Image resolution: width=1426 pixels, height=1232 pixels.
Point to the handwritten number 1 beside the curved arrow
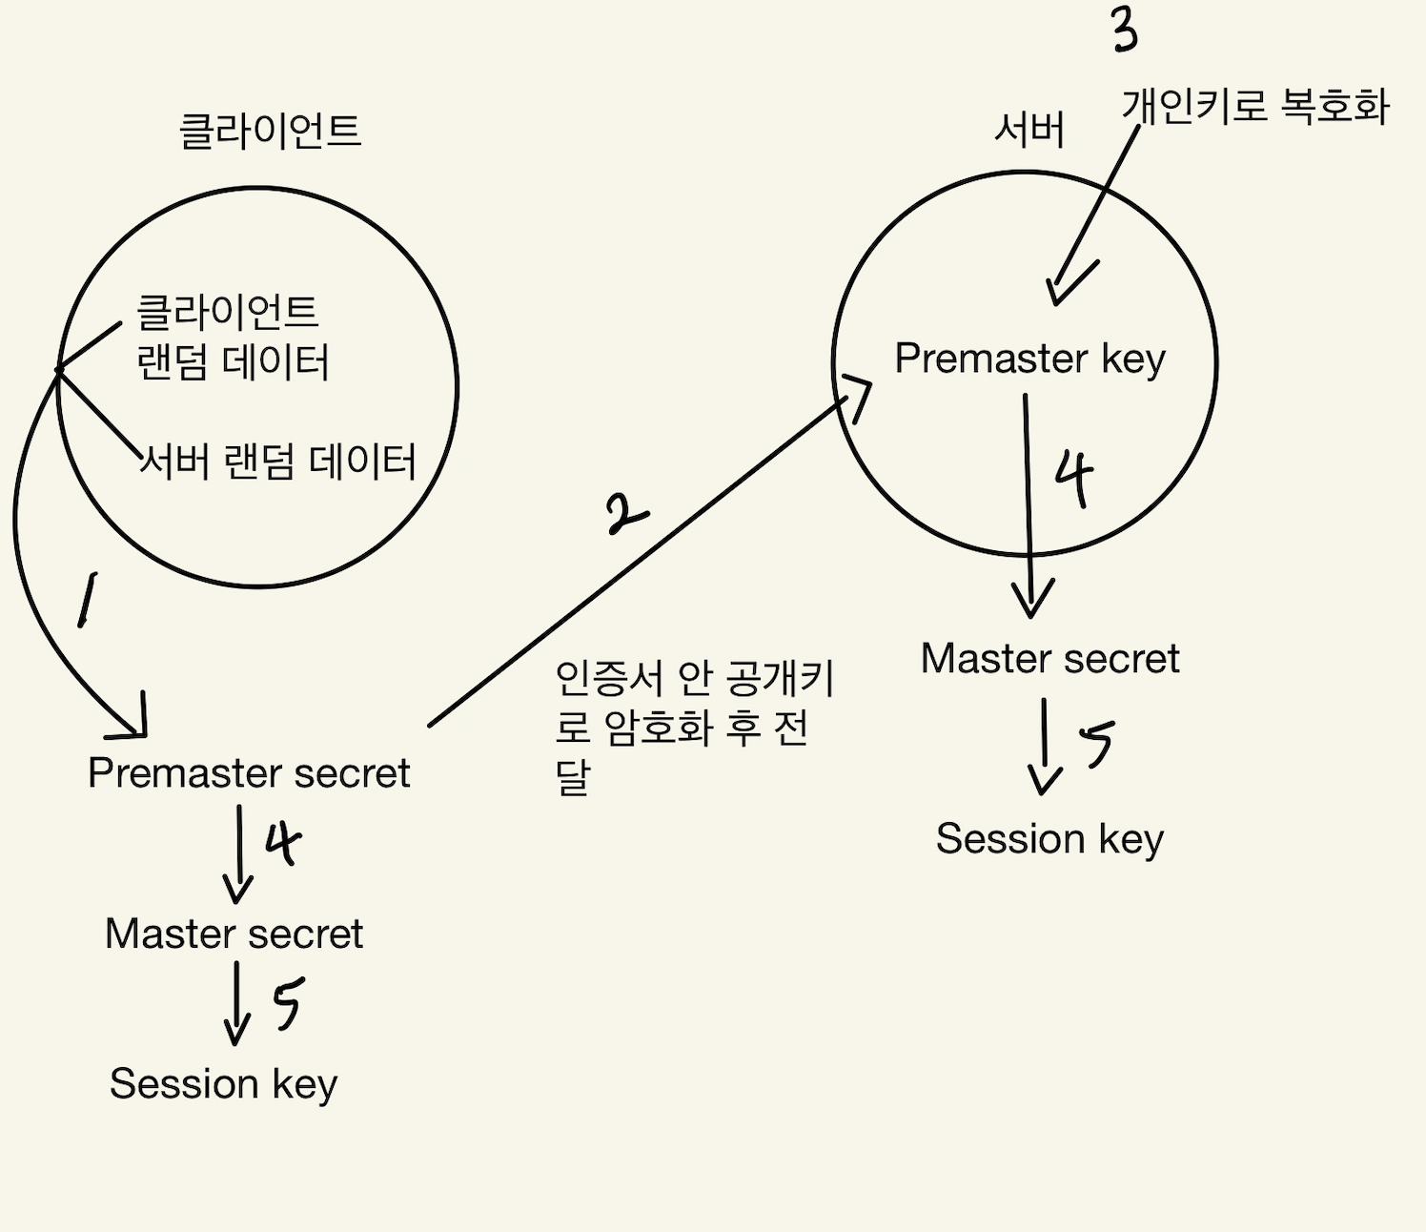tap(87, 599)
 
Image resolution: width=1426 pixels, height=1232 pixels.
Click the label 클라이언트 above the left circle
tap(271, 131)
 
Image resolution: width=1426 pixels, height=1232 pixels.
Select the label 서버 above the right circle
tap(1029, 130)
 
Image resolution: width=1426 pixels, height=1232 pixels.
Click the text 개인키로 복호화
tap(1255, 106)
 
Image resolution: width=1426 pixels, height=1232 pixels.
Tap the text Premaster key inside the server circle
tap(1029, 359)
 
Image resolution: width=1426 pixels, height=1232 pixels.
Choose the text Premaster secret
tap(249, 773)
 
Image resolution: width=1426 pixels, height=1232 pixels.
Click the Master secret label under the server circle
tap(1049, 659)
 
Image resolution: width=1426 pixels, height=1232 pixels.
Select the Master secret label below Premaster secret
tap(234, 934)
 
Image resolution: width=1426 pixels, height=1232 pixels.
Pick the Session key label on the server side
tap(1049, 840)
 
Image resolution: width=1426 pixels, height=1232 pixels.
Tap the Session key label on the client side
tap(223, 1084)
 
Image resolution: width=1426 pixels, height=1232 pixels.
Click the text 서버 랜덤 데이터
tap(278, 462)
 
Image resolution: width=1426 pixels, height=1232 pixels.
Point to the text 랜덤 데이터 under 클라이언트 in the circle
tap(234, 363)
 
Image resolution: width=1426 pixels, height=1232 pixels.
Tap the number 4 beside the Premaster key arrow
tap(1074, 479)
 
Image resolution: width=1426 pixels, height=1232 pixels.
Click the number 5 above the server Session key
tap(1097, 743)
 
